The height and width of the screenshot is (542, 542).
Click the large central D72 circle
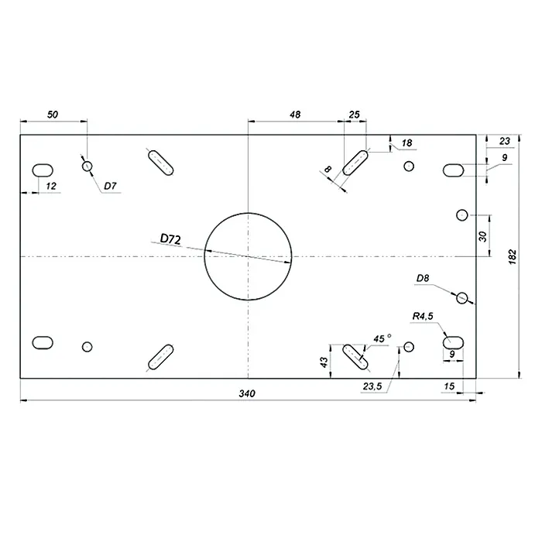[x=248, y=256]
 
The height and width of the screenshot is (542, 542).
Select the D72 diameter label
[x=170, y=238]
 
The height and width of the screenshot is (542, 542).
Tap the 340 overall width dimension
[x=247, y=393]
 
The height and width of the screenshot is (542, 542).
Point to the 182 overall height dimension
[x=513, y=257]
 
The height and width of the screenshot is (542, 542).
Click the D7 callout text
[x=110, y=186]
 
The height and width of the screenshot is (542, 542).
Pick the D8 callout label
[x=423, y=278]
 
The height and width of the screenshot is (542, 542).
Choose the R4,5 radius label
[x=423, y=316]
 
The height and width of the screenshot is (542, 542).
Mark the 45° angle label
[x=382, y=338]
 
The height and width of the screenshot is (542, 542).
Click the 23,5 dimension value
[x=372, y=386]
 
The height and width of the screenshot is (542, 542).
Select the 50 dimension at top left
[x=53, y=115]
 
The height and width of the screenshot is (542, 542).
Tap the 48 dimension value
[x=295, y=115]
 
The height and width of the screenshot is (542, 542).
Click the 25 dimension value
[x=355, y=115]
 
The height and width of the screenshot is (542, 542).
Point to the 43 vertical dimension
[x=324, y=362]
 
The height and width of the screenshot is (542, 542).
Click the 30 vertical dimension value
[x=483, y=236]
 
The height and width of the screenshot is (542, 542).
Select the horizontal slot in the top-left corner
[x=43, y=170]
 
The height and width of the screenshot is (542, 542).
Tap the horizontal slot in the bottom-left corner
[x=43, y=342]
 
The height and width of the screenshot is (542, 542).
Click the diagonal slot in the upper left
[x=161, y=163]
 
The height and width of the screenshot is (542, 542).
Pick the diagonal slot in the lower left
[x=161, y=357]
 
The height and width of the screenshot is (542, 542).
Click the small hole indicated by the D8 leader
[x=462, y=297]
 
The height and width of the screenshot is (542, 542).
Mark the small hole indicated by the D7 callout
[x=87, y=166]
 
